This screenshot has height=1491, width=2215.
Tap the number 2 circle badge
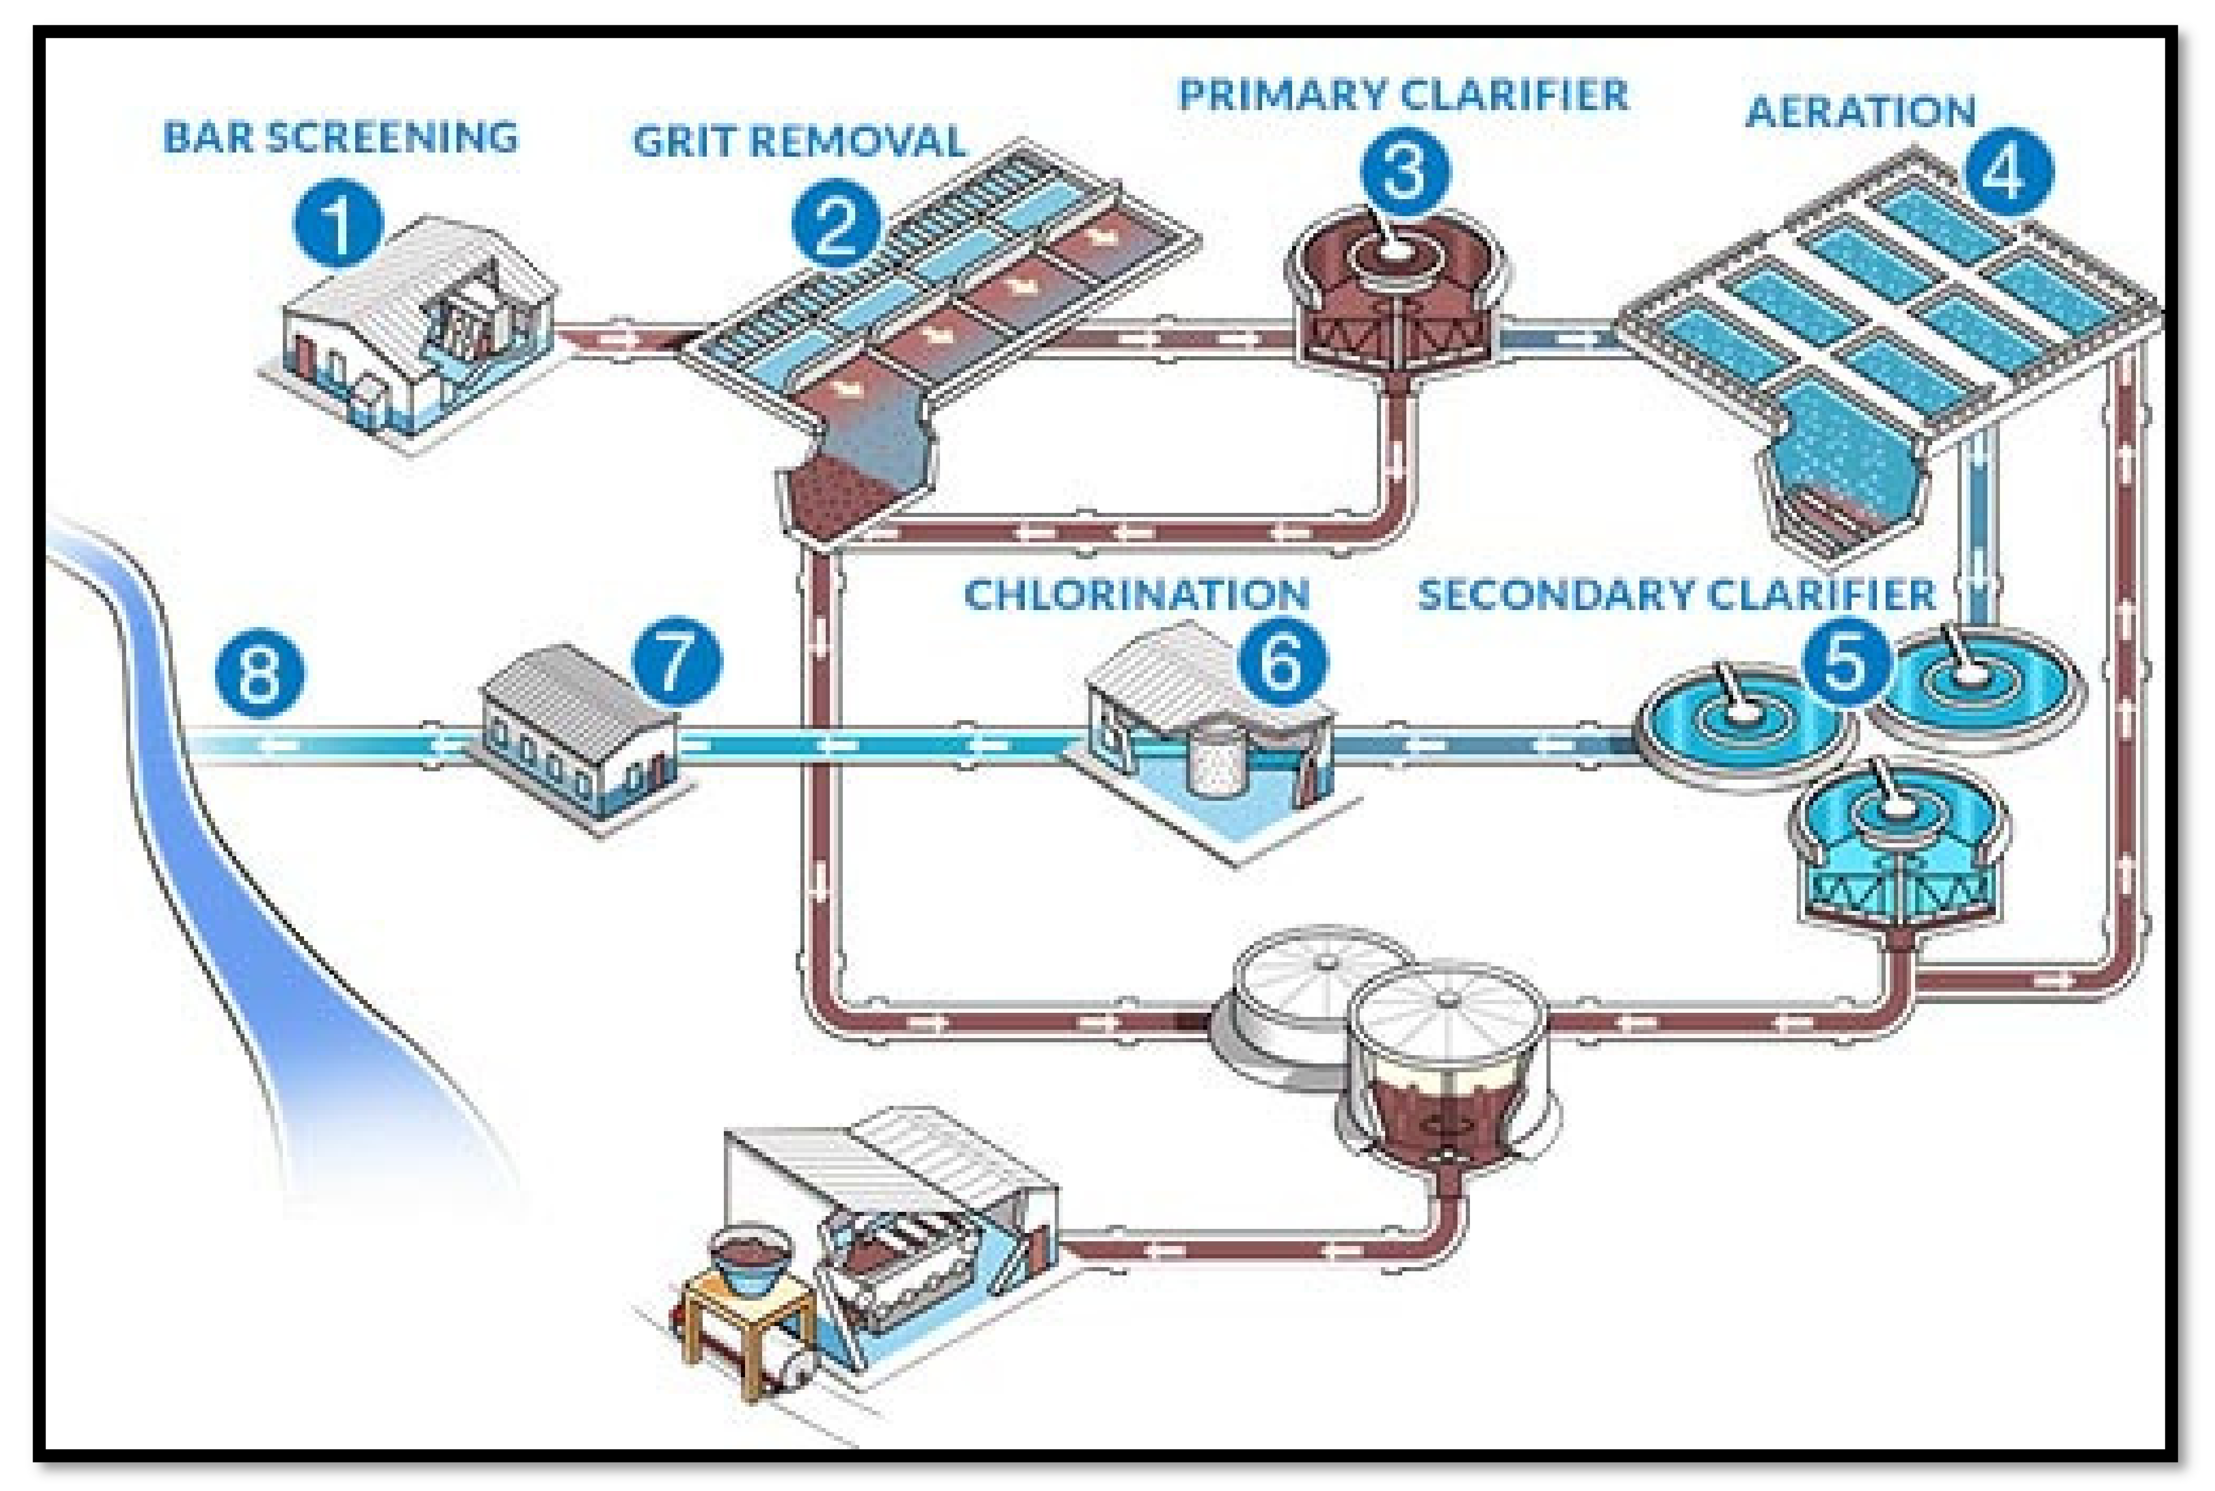836,224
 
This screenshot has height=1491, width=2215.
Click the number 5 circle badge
1846,659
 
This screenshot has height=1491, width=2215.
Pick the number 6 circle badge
1281,659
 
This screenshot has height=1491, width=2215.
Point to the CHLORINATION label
1137,595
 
